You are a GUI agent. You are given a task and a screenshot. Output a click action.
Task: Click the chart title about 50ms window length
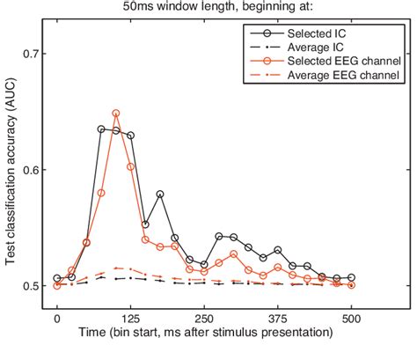208,7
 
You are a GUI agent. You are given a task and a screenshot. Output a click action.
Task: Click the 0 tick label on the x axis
57,319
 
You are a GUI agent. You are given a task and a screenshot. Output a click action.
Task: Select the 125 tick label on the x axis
131,319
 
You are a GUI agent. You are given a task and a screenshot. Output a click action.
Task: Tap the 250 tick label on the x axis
204,319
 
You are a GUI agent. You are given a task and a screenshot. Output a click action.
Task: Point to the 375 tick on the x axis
278,319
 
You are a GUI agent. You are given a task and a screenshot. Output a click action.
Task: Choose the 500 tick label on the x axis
352,319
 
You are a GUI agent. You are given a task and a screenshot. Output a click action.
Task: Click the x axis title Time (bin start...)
204,334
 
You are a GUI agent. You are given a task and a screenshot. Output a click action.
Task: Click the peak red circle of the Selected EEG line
116,114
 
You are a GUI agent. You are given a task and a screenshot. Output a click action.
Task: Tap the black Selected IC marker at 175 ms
160,194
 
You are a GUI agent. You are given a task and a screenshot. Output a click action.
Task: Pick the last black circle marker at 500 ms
352,277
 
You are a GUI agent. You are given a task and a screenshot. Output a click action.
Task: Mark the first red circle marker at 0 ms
57,285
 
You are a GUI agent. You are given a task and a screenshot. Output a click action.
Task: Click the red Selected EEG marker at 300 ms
234,253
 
